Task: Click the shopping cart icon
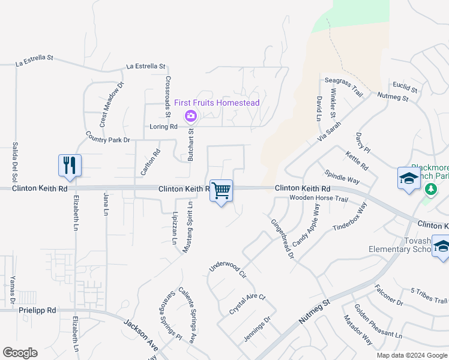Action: (x=221, y=191)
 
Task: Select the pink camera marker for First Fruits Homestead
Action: (x=190, y=115)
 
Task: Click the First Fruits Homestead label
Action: (x=217, y=103)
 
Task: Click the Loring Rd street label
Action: (x=163, y=127)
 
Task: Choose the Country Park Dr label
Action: (x=107, y=137)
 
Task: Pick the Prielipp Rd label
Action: (x=44, y=310)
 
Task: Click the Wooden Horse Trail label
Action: (x=318, y=198)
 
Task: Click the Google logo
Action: (x=20, y=353)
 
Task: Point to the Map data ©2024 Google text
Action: (x=411, y=355)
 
